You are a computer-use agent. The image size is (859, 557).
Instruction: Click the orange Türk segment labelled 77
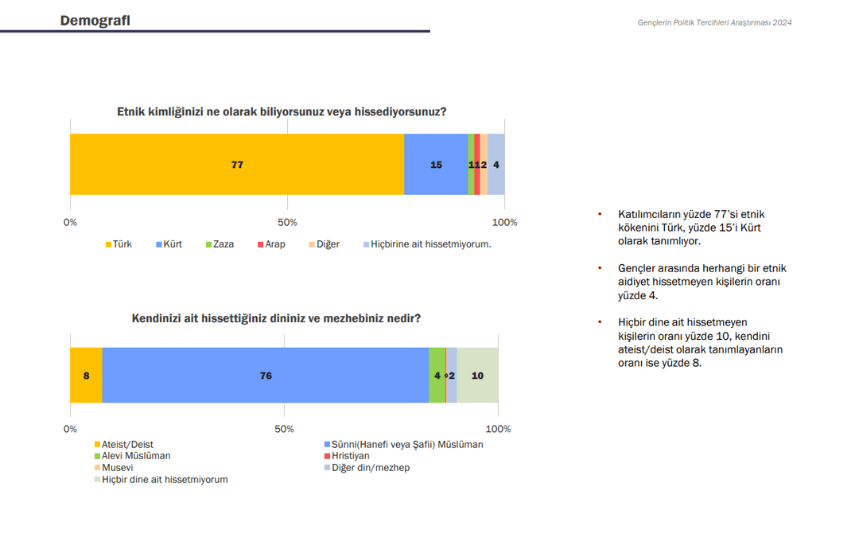point(237,165)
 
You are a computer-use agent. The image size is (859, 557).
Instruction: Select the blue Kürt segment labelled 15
point(436,165)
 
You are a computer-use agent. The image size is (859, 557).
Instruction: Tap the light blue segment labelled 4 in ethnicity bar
point(496,165)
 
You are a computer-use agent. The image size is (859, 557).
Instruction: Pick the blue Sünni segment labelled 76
point(266,376)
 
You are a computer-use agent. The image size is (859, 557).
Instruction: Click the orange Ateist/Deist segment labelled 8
point(86,376)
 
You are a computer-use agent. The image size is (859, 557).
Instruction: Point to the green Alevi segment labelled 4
point(437,376)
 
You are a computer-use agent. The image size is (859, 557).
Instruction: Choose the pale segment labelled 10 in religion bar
point(478,376)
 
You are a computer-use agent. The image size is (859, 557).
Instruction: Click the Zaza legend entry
point(220,244)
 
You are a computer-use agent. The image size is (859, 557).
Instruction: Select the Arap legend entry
point(270,244)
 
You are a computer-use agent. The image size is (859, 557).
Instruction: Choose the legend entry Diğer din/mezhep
point(367,468)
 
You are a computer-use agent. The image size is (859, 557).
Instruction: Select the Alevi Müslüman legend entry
point(133,456)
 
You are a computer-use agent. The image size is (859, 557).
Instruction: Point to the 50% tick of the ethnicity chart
point(288,223)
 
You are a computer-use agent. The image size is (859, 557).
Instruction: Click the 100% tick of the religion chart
point(498,430)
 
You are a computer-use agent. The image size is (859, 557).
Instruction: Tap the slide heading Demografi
point(95,21)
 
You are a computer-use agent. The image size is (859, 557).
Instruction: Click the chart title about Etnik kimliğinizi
point(282,112)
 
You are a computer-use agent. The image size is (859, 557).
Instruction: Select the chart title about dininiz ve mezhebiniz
point(276,319)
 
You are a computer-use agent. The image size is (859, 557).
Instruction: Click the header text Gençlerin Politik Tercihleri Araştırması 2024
point(714,22)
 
